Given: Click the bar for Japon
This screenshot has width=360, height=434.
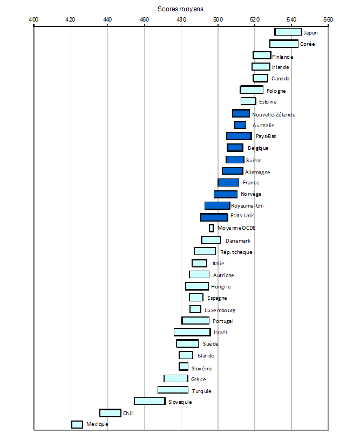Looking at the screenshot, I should (288, 32).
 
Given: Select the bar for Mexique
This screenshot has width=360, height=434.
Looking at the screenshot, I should (77, 424).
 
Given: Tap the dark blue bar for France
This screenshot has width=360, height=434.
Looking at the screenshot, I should (228, 183).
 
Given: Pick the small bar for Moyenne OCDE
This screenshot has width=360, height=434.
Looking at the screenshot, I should (212, 228).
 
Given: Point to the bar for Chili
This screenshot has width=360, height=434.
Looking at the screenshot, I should (111, 413).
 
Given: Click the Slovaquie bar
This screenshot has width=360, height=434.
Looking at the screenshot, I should (150, 401).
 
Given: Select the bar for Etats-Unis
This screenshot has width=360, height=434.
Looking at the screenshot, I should (214, 217).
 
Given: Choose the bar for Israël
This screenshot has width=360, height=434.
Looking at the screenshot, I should (192, 332).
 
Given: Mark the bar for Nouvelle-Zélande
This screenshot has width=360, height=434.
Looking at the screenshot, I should (241, 114).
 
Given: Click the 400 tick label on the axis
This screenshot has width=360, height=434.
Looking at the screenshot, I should (33, 19).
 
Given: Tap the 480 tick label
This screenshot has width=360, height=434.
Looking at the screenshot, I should (181, 19).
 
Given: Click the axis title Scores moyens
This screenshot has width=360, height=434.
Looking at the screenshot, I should (180, 9).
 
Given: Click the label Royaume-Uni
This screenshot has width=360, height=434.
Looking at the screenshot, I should (247, 206).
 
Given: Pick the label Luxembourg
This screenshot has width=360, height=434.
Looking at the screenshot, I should (220, 311).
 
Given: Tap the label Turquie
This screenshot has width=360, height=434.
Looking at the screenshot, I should (201, 391).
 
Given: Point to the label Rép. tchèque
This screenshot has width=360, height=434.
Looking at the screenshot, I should (236, 252).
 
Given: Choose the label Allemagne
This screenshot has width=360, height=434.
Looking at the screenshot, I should (257, 173).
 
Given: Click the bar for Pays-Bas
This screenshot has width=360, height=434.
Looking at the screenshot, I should (239, 136).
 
